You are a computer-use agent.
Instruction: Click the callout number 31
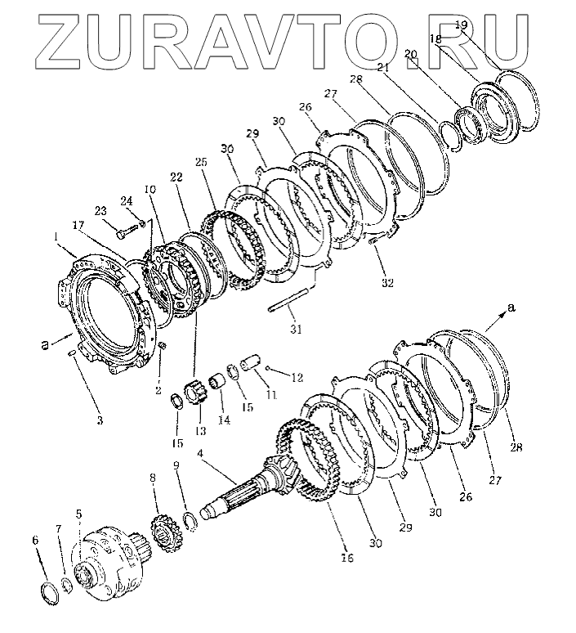[296, 330]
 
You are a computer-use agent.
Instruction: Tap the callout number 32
[387, 283]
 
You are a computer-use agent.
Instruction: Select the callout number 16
[347, 558]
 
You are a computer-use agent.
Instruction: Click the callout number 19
[461, 25]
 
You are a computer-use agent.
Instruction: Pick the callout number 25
[201, 162]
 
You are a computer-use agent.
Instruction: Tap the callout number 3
[100, 420]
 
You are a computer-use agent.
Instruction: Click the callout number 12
[297, 378]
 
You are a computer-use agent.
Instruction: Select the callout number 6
[35, 540]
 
